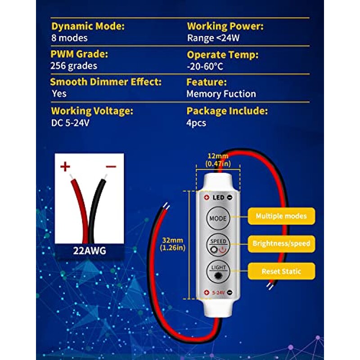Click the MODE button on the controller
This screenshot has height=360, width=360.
[x=217, y=218]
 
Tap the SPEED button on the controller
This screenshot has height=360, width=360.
[x=217, y=244]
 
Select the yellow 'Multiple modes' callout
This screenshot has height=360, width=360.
[x=281, y=216]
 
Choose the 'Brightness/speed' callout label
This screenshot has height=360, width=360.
[x=281, y=243]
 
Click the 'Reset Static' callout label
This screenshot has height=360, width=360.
[x=281, y=271]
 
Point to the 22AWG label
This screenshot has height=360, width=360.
[x=89, y=251]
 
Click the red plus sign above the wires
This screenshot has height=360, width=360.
[x=66, y=167]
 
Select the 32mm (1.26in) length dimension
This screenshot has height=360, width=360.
[x=173, y=243]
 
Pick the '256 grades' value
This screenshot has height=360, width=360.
[x=73, y=66]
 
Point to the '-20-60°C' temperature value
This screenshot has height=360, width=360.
[x=205, y=66]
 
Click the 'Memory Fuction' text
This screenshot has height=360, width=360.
[x=221, y=94]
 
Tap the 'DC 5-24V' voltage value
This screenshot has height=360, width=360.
[x=70, y=122]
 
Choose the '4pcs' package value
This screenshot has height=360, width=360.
[x=196, y=122]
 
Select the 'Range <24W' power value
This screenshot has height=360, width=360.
[x=213, y=38]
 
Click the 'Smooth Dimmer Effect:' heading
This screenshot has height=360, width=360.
[x=106, y=82]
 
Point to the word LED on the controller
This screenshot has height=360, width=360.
[x=218, y=197]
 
